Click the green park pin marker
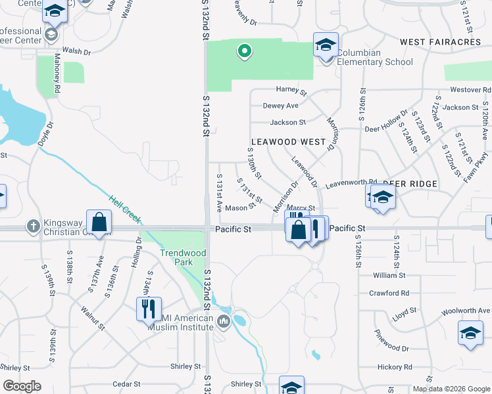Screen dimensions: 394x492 [244, 50]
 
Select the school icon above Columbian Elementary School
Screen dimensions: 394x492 [326, 45]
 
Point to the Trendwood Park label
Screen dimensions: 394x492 [182, 257]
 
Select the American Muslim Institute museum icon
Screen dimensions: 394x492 [223, 321]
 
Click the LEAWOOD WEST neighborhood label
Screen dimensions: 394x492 [288, 142]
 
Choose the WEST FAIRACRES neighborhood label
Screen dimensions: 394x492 [440, 42]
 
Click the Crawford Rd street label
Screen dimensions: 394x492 [389, 293]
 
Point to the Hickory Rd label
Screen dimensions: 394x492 [395, 367]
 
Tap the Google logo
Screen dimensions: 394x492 [22, 386]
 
